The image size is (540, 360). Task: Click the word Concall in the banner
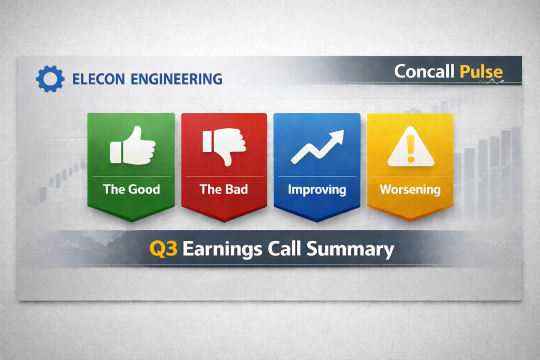coord(425,72)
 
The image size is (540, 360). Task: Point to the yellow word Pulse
coord(481,72)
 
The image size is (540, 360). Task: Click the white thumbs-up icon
coord(132,145)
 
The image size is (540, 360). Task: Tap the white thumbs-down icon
coord(224,145)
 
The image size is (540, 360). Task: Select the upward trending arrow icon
coord(316,146)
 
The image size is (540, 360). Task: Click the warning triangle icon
coord(410,148)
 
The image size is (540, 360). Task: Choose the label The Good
coord(131,189)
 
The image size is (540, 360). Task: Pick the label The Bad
coord(224,189)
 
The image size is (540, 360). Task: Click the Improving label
coord(317,189)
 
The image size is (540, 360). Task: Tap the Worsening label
coord(410,189)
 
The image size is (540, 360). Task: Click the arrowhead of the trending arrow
coord(336,137)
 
